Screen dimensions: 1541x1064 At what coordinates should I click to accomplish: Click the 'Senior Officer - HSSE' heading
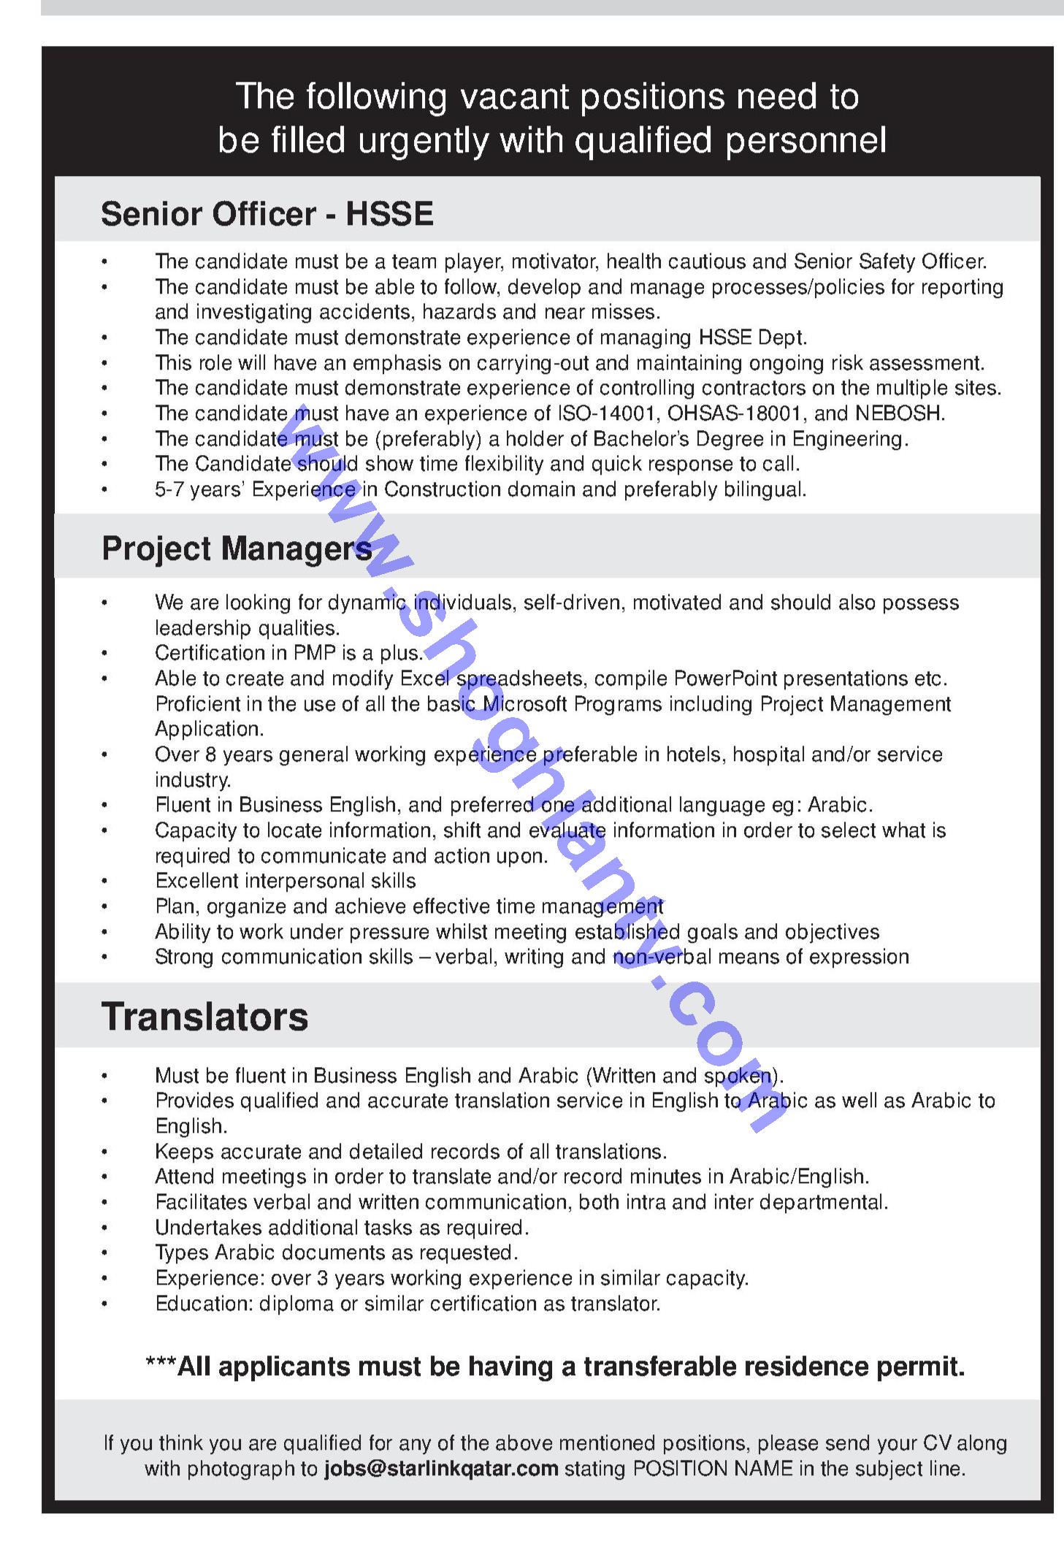(x=267, y=214)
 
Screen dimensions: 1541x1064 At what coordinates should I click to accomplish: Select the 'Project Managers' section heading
(x=237, y=548)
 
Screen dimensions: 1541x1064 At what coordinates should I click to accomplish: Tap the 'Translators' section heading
(x=204, y=1017)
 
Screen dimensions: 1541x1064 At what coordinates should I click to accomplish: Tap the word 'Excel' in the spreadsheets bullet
(x=424, y=678)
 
